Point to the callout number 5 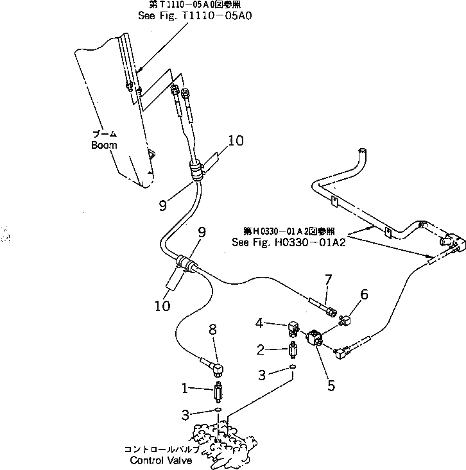[331, 387]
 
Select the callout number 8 [214, 330]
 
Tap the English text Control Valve [157, 460]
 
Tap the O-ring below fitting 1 [218, 410]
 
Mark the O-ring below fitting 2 [293, 367]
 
